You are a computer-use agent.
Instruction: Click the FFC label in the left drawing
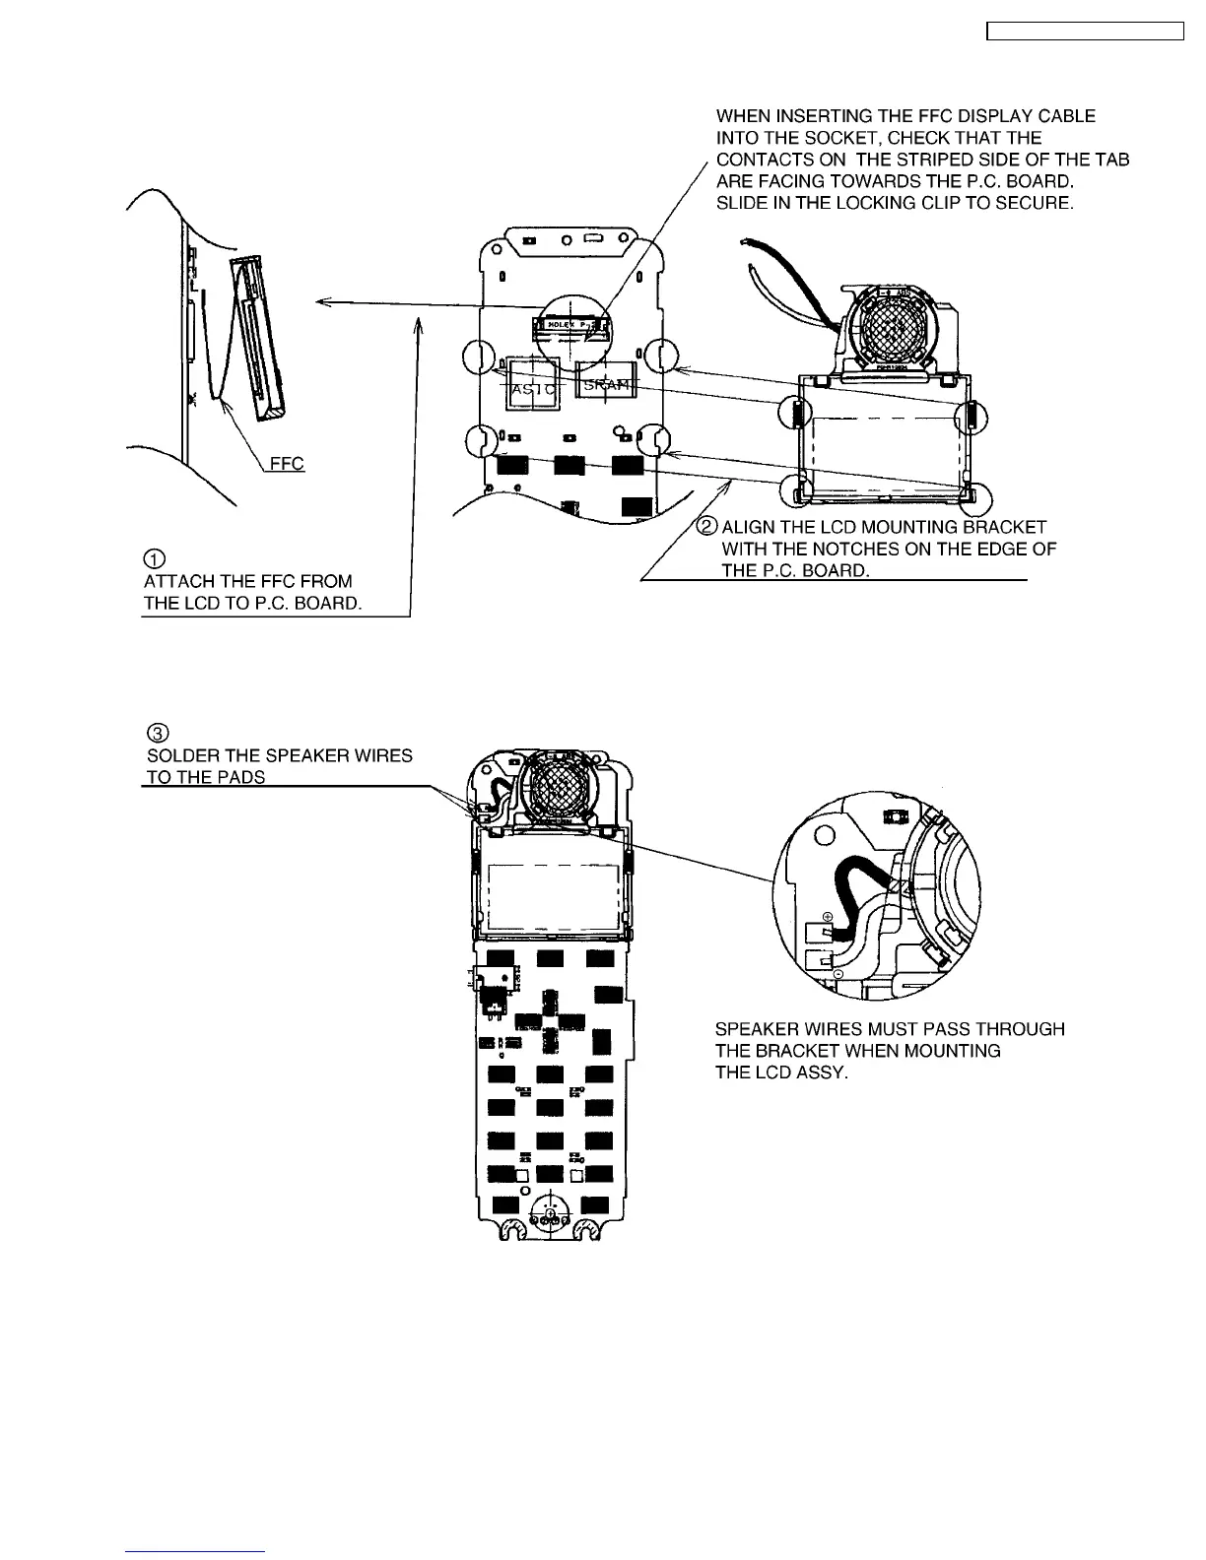coord(287,463)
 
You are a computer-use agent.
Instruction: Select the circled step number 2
coord(708,527)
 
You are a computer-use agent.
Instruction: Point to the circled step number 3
coord(157,733)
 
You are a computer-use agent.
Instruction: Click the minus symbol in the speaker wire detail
coord(837,973)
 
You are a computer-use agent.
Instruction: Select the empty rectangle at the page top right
coord(1085,32)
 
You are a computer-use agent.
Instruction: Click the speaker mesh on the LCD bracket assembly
coord(888,330)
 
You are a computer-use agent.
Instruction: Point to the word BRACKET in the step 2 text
coord(1004,528)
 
